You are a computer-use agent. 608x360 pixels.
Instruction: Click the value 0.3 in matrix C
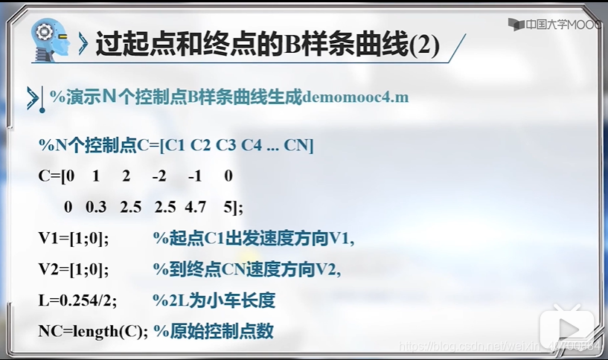point(96,206)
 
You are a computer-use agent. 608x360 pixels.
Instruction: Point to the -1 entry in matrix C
point(195,176)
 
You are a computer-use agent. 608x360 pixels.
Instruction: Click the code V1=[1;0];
point(74,238)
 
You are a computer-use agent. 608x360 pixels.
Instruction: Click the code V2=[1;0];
point(74,269)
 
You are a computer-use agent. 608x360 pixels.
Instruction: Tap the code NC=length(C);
point(94,332)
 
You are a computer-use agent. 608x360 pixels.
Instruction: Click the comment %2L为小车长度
point(214,300)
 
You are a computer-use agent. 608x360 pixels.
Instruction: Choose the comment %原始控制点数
point(214,332)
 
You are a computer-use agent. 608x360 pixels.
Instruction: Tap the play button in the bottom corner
point(568,330)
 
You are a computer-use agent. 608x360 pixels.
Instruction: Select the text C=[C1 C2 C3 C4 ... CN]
point(225,145)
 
